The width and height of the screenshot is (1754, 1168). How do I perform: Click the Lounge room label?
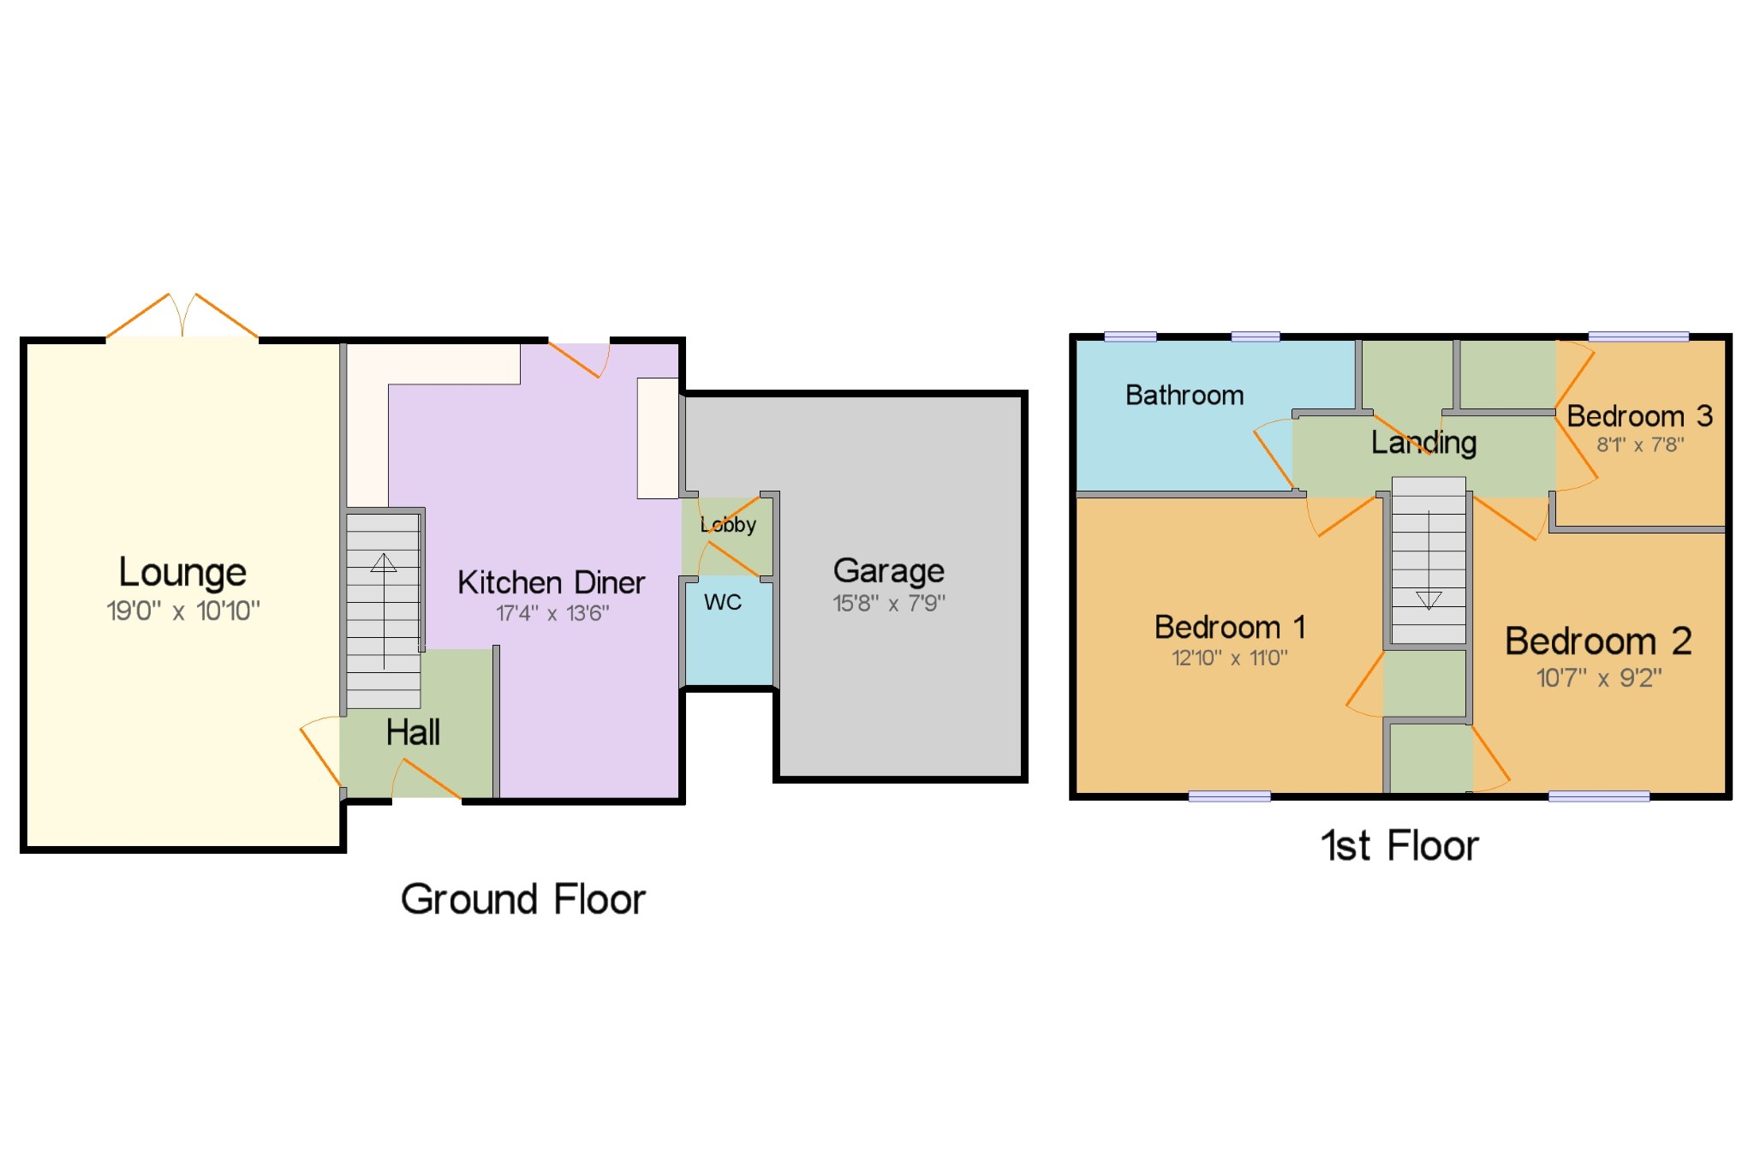point(182,573)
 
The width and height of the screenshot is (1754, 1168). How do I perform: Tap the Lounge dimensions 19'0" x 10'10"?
point(182,611)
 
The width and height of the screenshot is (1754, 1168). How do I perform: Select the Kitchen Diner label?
point(551,582)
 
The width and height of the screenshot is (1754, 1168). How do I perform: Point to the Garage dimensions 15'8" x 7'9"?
point(889,603)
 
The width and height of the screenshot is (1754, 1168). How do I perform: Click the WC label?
point(723,602)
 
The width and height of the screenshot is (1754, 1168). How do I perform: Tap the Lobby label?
point(728,524)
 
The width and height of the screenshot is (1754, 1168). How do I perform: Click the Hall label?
point(413,732)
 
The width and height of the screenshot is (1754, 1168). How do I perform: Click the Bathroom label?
point(1184,395)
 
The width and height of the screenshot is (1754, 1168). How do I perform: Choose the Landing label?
point(1423,442)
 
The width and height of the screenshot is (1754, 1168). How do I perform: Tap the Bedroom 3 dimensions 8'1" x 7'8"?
point(1640,444)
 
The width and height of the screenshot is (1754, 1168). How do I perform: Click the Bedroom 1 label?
point(1230,627)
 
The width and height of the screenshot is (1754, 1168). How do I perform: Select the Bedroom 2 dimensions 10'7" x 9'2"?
point(1599,678)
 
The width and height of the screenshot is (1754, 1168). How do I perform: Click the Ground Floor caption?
point(523,899)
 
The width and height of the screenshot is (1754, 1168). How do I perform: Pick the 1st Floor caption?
point(1400,846)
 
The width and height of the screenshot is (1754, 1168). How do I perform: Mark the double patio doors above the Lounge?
point(182,317)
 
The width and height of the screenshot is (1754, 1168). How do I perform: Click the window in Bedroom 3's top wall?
point(1638,337)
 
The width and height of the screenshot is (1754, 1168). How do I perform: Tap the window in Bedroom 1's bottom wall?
point(1230,796)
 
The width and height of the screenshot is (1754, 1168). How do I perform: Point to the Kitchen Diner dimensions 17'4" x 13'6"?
point(552,613)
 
